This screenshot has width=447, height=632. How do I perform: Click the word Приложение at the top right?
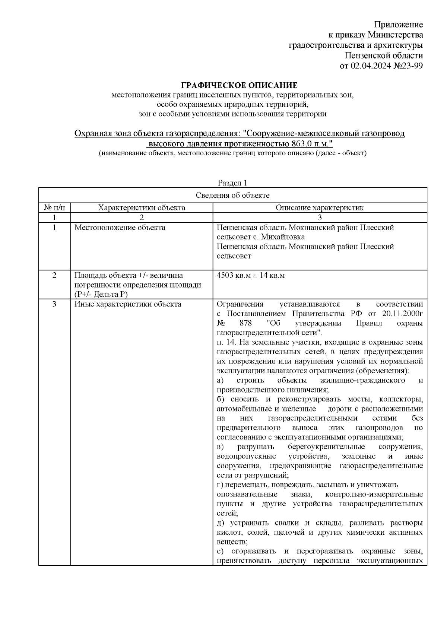pos(398,25)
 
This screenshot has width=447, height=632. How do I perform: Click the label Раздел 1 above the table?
pos(232,183)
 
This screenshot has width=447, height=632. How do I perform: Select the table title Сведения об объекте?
pos(232,196)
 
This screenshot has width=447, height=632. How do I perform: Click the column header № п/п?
pos(54,208)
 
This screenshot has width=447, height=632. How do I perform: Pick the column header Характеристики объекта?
pos(142,208)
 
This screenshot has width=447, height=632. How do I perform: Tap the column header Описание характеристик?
pos(320,208)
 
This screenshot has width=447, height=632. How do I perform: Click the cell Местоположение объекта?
pos(120,228)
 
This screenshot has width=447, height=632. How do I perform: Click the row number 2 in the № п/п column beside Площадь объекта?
pos(54,276)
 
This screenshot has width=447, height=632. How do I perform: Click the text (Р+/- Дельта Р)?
pos(101,295)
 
